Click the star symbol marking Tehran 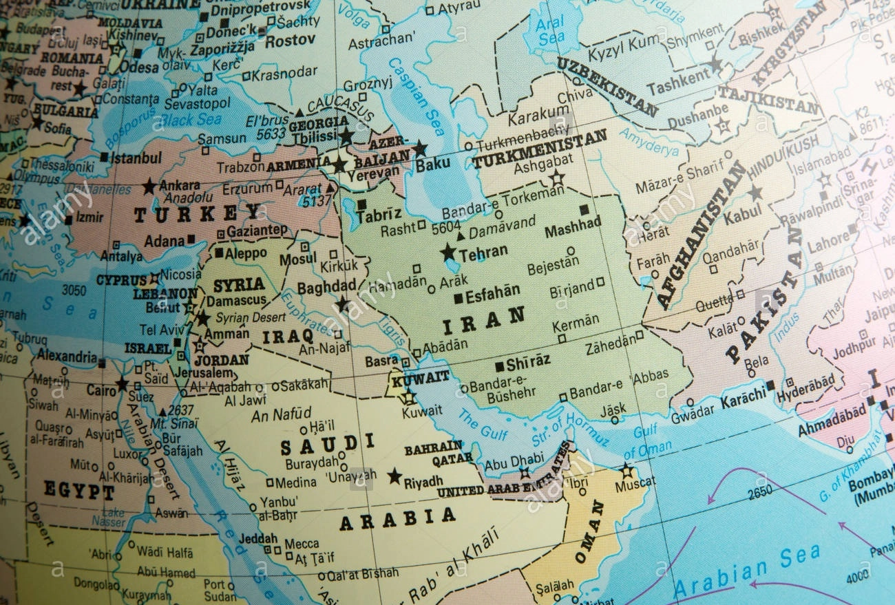[x=449, y=252]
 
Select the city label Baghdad [x=326, y=286]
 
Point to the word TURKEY [x=198, y=214]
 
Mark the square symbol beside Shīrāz [x=499, y=367]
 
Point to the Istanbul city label [x=136, y=158]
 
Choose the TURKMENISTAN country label [x=539, y=149]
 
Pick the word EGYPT [x=79, y=490]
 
